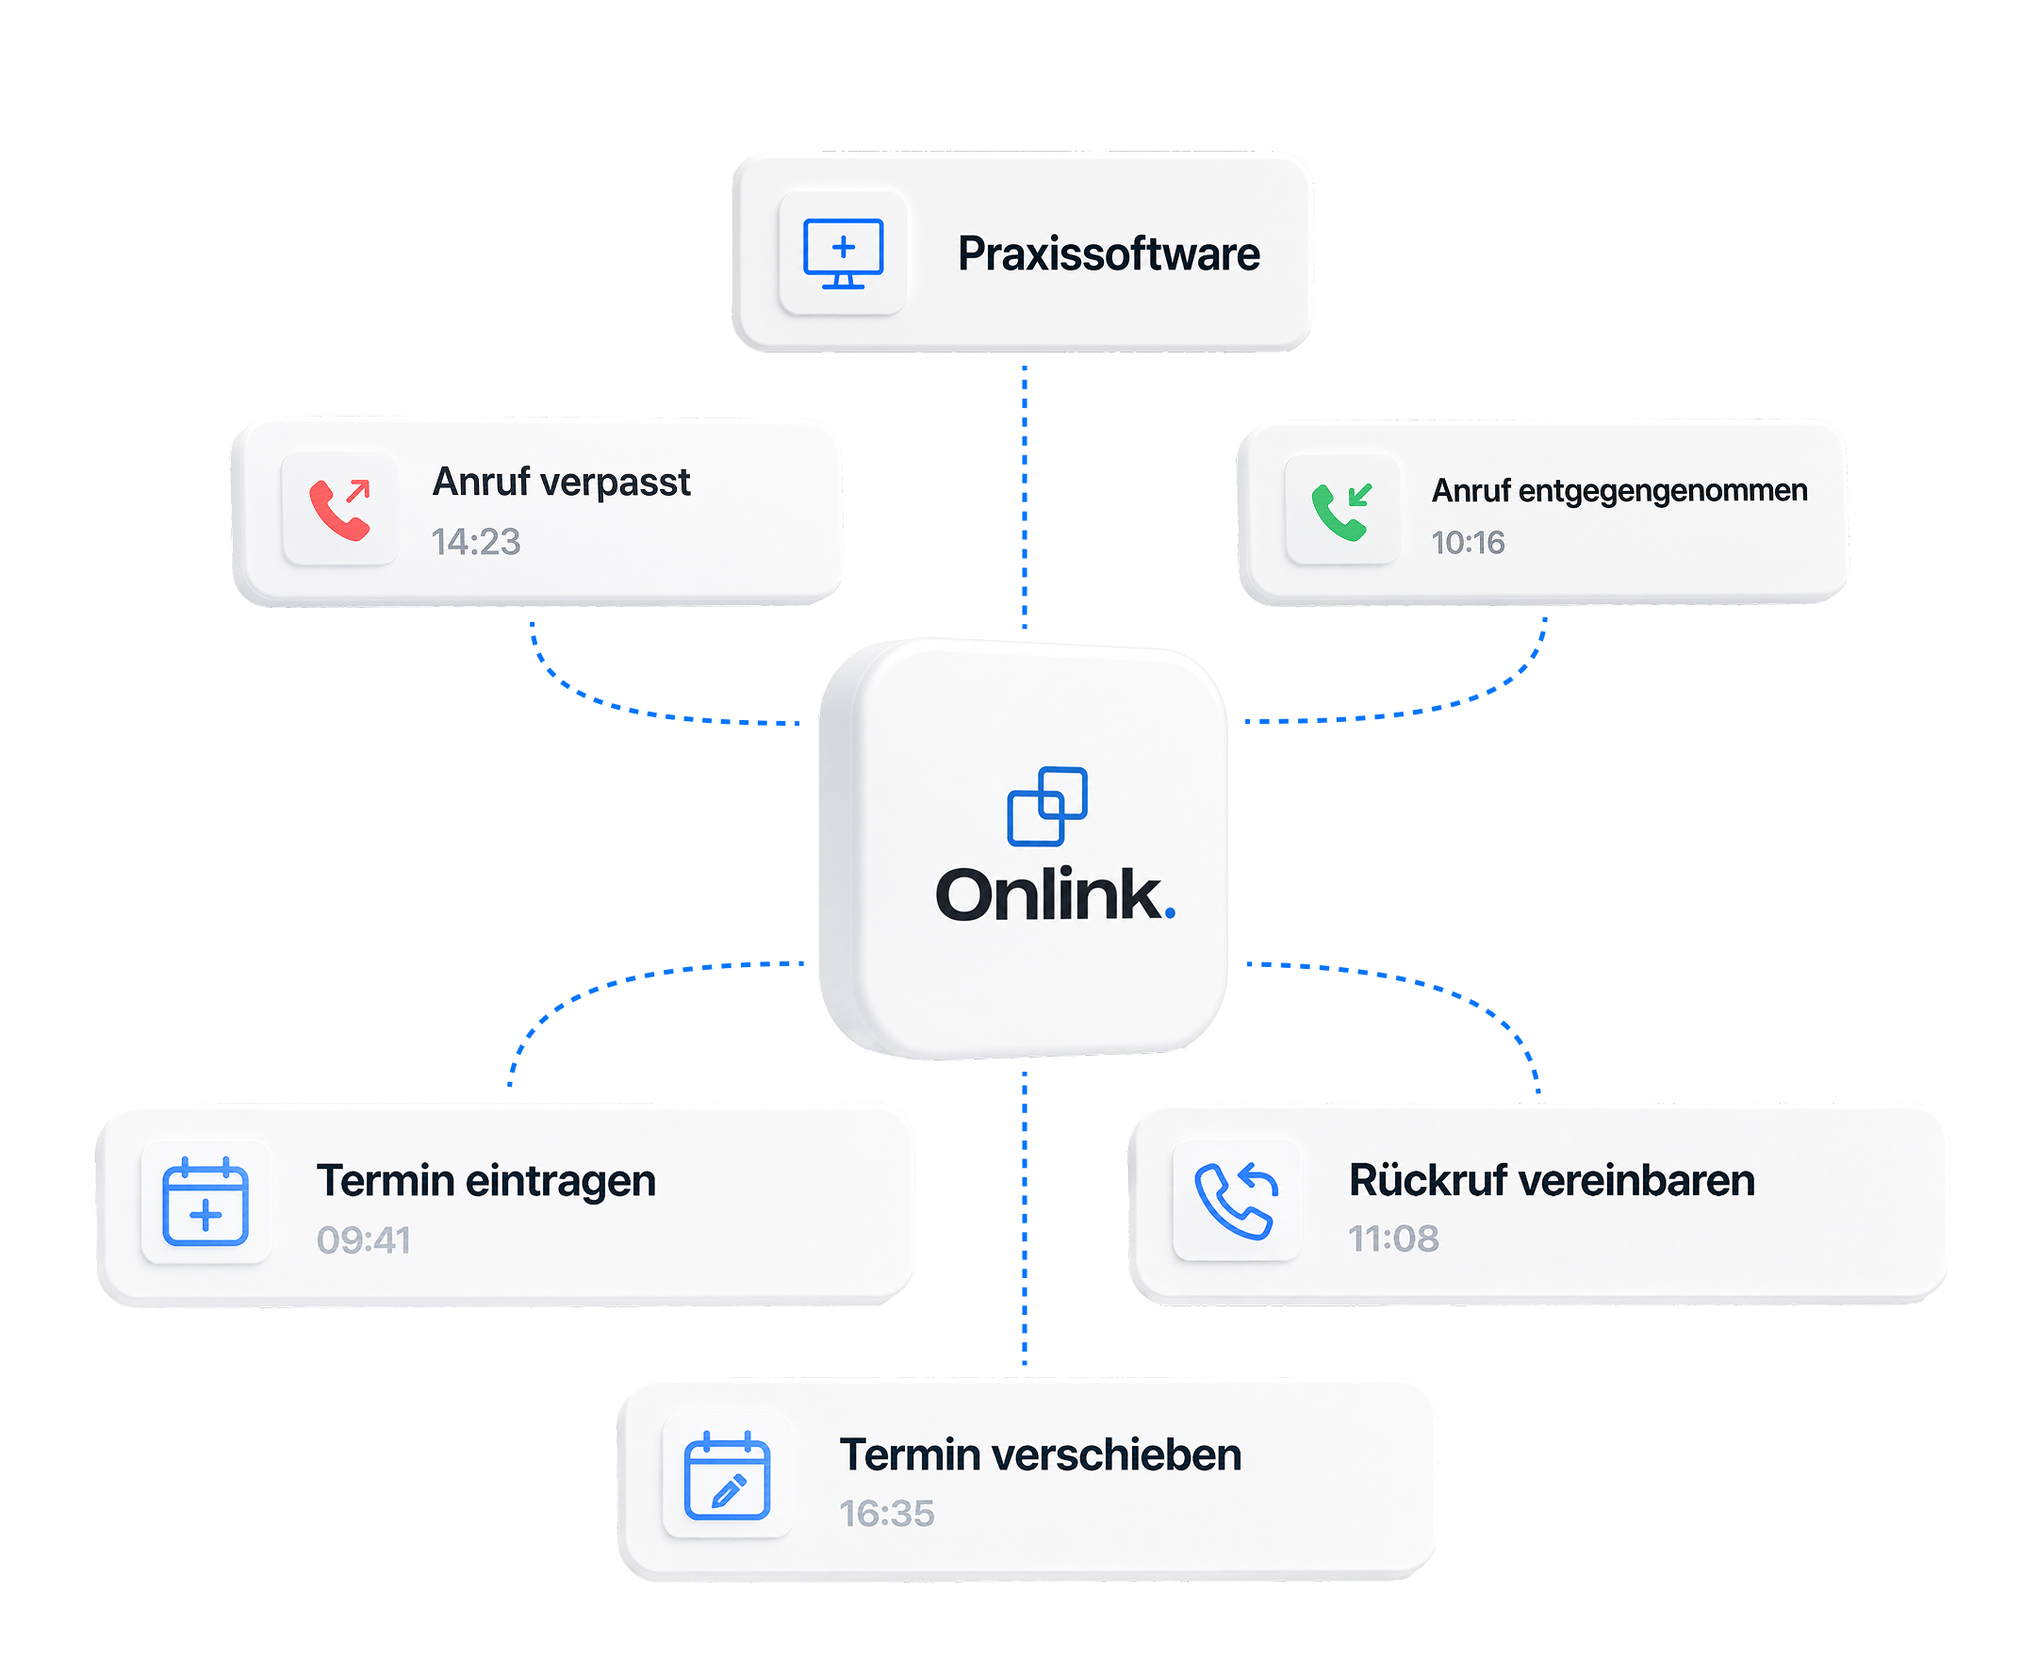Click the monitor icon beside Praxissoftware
click(843, 254)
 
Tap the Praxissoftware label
click(1109, 254)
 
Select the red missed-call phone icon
click(340, 510)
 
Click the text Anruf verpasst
click(561, 482)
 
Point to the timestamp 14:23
click(475, 542)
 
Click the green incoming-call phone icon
click(1342, 512)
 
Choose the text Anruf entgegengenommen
click(1619, 491)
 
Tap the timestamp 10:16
click(1467, 543)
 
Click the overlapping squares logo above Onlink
click(1047, 806)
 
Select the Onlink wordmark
click(1055, 894)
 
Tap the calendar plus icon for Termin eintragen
click(205, 1202)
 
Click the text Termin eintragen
click(486, 1182)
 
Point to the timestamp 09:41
click(364, 1240)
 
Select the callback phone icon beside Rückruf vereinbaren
click(1236, 1201)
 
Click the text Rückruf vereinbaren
click(1552, 1180)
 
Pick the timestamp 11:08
click(1392, 1239)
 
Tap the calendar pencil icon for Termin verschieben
click(728, 1476)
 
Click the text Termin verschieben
click(1041, 1454)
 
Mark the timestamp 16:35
click(887, 1514)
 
